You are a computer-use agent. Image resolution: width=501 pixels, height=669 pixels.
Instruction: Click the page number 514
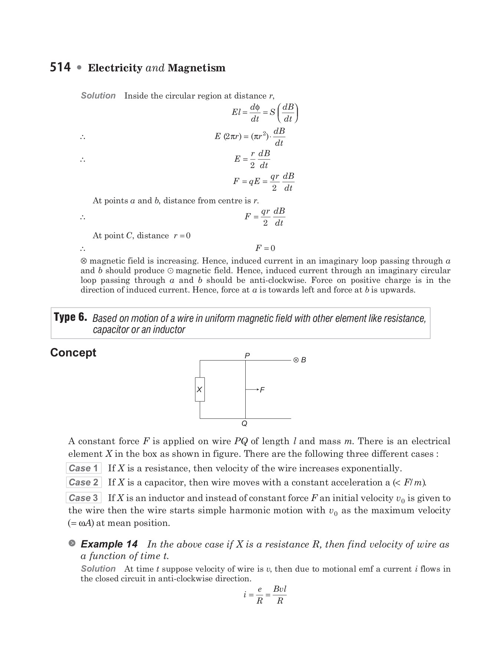tap(60, 67)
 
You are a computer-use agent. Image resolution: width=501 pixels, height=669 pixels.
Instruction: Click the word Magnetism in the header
tap(196, 68)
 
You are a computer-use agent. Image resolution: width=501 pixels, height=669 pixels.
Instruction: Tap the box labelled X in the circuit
tap(200, 390)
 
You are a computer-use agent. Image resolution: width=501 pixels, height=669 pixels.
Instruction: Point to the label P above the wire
tap(247, 356)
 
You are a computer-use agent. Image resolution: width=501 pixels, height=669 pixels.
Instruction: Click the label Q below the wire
tap(244, 424)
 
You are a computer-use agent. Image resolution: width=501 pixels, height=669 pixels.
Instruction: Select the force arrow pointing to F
tap(252, 390)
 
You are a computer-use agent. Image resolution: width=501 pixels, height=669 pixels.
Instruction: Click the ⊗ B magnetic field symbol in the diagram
tap(299, 360)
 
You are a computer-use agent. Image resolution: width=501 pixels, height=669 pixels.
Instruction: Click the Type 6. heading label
tap(71, 317)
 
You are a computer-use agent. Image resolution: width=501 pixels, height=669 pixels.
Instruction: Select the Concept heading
tap(73, 352)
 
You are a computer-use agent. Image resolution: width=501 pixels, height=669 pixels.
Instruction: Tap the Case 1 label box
tap(83, 468)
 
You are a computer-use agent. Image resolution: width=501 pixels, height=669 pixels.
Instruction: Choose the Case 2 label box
tap(83, 482)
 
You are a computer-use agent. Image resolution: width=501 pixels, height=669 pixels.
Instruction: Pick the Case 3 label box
tap(83, 498)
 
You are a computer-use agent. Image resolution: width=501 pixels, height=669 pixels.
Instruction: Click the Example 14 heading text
tap(109, 544)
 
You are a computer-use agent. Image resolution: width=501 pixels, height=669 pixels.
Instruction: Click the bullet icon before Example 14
tap(72, 543)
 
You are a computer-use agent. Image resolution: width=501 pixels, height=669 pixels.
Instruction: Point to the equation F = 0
tap(265, 248)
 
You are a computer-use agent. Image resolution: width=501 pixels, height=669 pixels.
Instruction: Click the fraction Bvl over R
tap(279, 595)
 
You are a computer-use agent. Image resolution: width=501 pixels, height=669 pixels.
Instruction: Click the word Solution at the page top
tap(98, 96)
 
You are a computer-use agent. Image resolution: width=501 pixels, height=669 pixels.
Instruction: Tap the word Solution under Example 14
tap(98, 569)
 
